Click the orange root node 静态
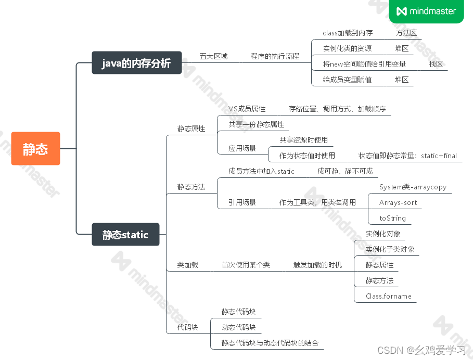click(35, 149)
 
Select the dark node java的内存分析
click(136, 63)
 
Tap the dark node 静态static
click(125, 235)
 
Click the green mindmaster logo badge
click(426, 11)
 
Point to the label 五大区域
click(213, 56)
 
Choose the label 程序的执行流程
click(275, 56)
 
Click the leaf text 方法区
click(406, 33)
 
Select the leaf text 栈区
click(436, 64)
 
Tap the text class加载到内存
click(348, 33)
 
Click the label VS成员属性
click(247, 109)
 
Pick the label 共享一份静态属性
click(257, 124)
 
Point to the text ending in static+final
click(407, 156)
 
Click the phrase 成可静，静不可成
click(345, 171)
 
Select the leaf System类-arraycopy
click(413, 187)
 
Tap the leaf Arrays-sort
click(398, 202)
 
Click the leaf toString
click(392, 218)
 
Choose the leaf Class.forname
click(389, 296)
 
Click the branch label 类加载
click(187, 265)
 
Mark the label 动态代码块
click(238, 327)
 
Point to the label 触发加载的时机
click(317, 265)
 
